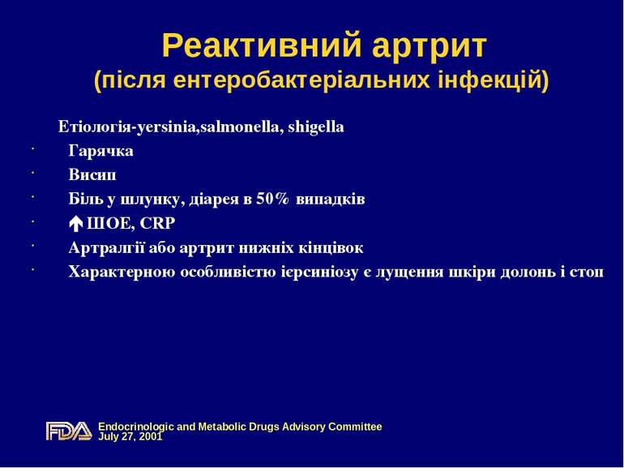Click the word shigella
313,127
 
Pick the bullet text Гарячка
101,151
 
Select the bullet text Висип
92,174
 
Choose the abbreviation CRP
157,223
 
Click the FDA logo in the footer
69,431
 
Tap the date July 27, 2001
130,436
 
